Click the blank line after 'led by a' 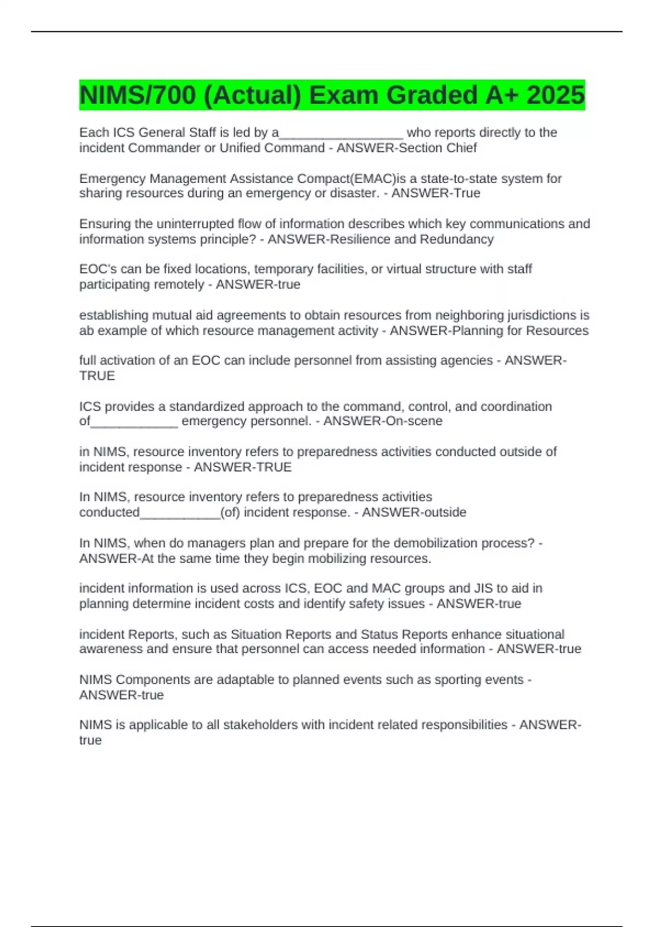pyautogui.click(x=341, y=134)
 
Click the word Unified pyautogui.click(x=240, y=148)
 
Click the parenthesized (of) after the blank pyautogui.click(x=230, y=513)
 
